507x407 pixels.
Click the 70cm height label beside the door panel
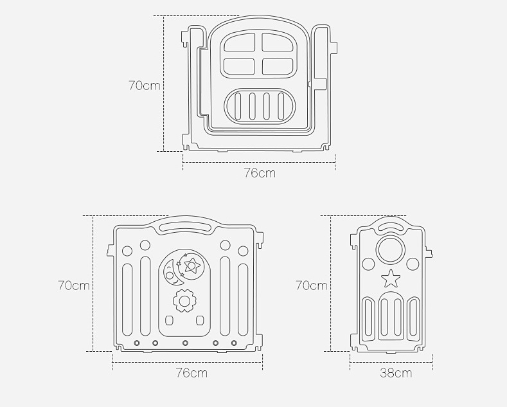[145, 86]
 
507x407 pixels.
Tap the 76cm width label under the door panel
[260, 173]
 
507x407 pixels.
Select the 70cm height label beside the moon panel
[74, 285]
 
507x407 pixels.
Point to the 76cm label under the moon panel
[191, 373]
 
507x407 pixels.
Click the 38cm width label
[396, 373]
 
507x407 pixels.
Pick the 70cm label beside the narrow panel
[312, 285]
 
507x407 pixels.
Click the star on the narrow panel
[391, 278]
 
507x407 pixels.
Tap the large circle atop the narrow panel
[391, 249]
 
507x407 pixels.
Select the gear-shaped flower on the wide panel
[184, 301]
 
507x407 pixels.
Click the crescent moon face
[171, 273]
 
